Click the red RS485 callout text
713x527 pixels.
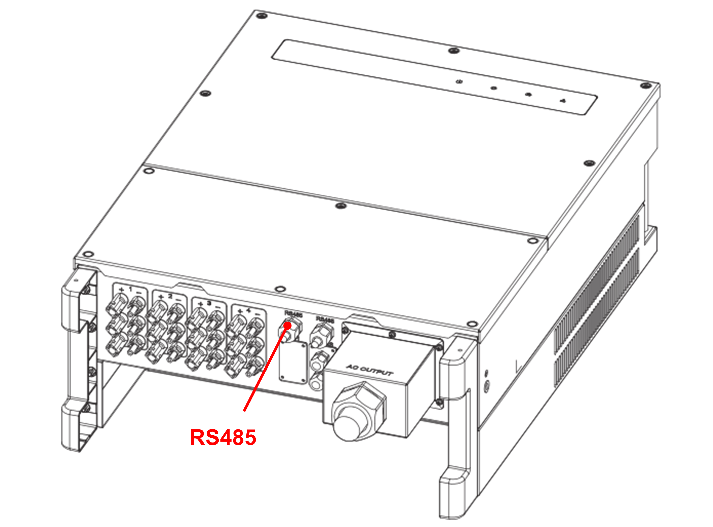tap(223, 437)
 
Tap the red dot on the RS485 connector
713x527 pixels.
tap(288, 325)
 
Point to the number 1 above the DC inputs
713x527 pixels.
tap(130, 289)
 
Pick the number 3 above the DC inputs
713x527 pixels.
tap(209, 303)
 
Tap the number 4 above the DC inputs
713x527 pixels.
tap(249, 310)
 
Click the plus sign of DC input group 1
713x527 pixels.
tap(121, 290)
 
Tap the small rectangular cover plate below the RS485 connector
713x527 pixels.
tap(293, 362)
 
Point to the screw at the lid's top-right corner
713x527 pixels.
tap(646, 85)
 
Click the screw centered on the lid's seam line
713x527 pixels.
tap(341, 206)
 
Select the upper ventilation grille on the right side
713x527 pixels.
tap(598, 284)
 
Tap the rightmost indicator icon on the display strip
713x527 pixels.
tap(563, 101)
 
